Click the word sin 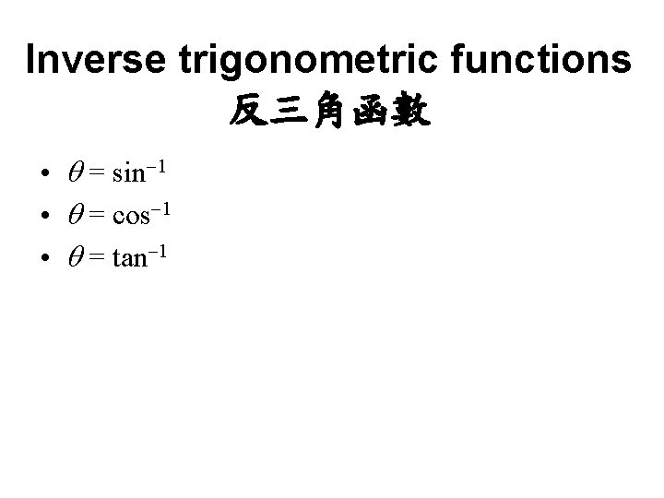(129, 172)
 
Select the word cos (133, 216)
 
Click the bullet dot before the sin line (44, 173)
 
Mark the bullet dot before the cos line (44, 217)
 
